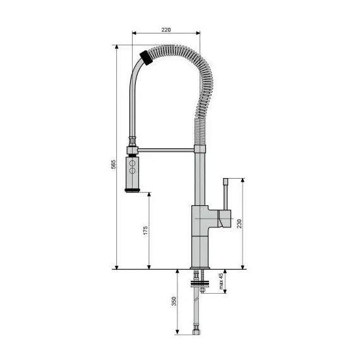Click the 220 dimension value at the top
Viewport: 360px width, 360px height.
coord(166,29)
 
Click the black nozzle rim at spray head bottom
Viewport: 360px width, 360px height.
coord(133,191)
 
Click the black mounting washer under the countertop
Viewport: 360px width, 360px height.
coord(201,277)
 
